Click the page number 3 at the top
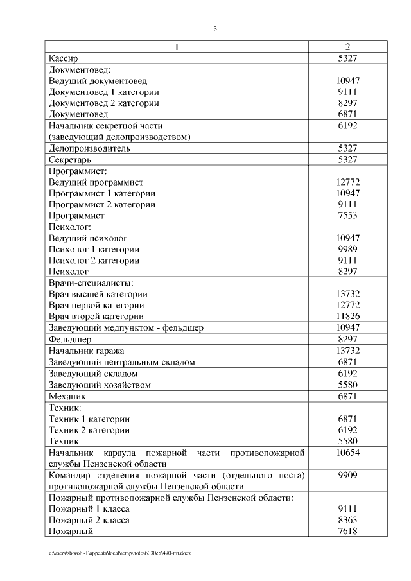click(215, 28)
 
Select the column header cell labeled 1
click(177, 47)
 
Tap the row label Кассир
click(64, 58)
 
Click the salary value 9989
click(347, 249)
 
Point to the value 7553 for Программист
click(347, 216)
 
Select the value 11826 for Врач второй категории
click(347, 317)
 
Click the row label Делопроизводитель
click(89, 148)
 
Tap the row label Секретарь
click(70, 159)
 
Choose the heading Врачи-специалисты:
click(91, 283)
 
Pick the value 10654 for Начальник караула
click(347, 453)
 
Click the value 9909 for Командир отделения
click(347, 475)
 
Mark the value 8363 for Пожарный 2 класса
click(347, 520)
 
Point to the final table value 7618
click(347, 531)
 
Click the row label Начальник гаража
click(87, 351)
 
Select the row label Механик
click(67, 396)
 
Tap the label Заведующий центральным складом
click(121, 362)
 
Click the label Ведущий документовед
click(98, 81)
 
